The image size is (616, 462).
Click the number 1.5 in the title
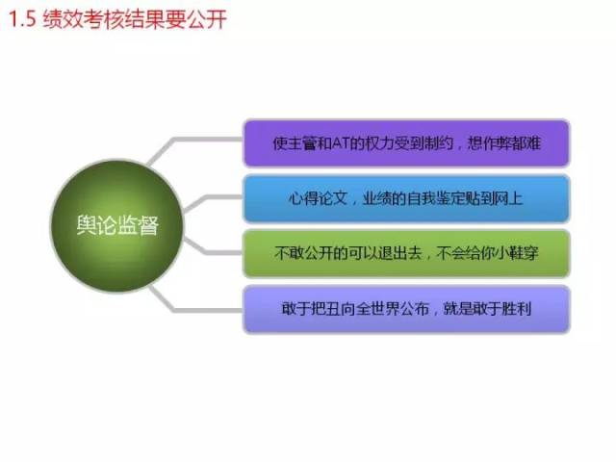click(x=22, y=19)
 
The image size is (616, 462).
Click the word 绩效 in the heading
click(x=63, y=19)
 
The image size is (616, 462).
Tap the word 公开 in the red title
click(x=207, y=19)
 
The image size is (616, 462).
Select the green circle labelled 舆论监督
click(x=117, y=225)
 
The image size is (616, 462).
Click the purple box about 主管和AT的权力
click(x=406, y=143)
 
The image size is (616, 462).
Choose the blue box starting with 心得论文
click(x=406, y=198)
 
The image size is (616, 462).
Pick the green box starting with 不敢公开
click(x=406, y=253)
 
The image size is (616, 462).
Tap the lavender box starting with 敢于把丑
click(x=406, y=309)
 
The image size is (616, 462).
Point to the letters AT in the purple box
click(x=340, y=143)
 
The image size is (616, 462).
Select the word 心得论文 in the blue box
click(x=318, y=198)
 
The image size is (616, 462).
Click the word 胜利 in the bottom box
click(x=516, y=309)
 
